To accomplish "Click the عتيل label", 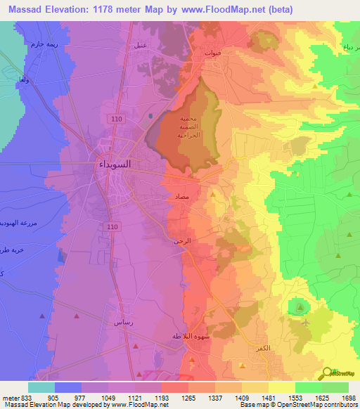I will pos(140,46).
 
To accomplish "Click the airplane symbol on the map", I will pos(304,323).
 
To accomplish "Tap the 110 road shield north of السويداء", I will pos(115,120).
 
